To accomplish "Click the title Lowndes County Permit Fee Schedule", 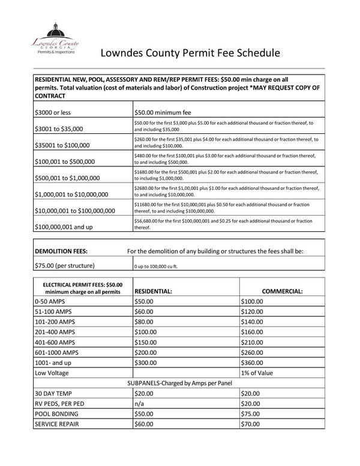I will [x=190, y=53].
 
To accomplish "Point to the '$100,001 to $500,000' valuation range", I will [x=67, y=162].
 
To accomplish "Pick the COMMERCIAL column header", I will [x=282, y=291].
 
